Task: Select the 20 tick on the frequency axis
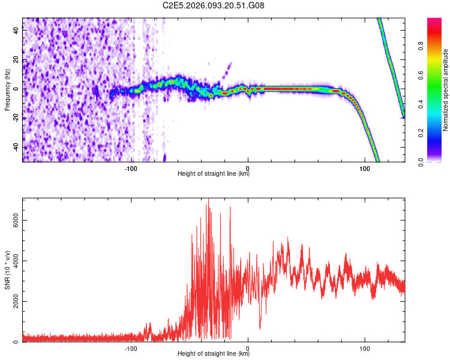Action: pyautogui.click(x=16, y=59)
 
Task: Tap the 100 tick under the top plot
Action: pyautogui.click(x=364, y=167)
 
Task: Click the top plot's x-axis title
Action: pyautogui.click(x=214, y=174)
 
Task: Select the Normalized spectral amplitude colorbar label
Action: pyautogui.click(x=446, y=90)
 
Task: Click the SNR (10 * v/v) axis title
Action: pyautogui.click(x=7, y=270)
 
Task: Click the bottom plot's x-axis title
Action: pyautogui.click(x=214, y=354)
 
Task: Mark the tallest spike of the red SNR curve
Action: pyautogui.click(x=208, y=200)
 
